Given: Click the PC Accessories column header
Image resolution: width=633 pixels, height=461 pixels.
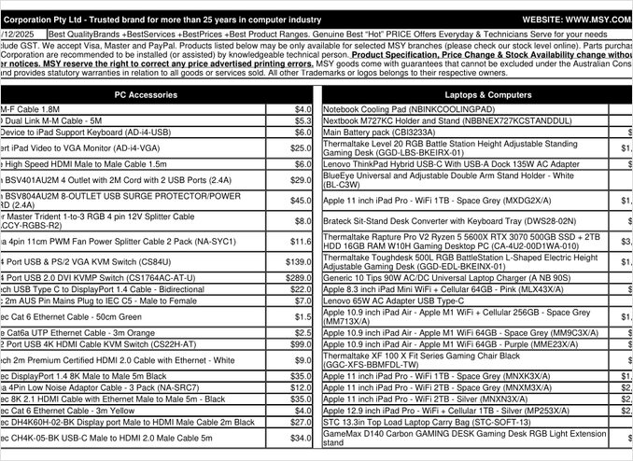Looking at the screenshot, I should [154, 94].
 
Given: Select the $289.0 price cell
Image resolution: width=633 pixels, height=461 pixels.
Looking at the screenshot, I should [298, 278].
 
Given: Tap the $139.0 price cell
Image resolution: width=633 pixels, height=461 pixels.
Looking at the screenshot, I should [298, 262].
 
